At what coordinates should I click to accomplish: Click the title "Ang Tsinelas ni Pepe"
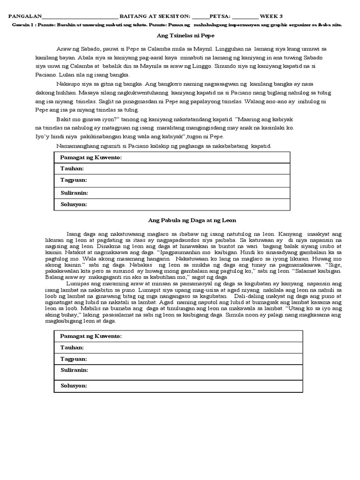pyautogui.click(x=180, y=36)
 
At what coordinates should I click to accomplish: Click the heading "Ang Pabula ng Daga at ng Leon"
pyautogui.click(x=180, y=220)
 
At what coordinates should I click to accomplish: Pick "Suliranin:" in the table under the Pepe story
pyautogui.click(x=75, y=193)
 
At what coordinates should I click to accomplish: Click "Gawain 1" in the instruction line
pyautogui.click(x=19, y=24)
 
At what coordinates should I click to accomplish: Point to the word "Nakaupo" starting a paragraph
pyautogui.click(x=67, y=84)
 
